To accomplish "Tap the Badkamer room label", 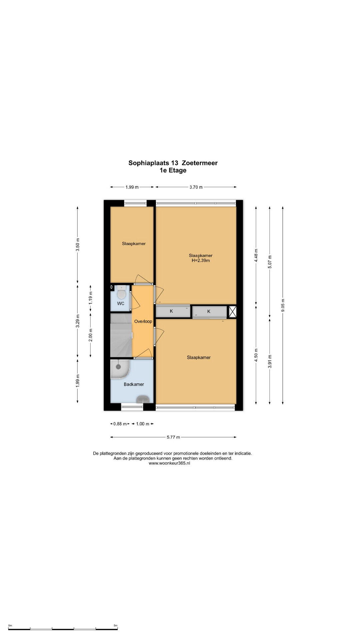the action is [x=134, y=384].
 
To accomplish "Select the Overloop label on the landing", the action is [x=143, y=321].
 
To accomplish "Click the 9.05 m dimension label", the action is [x=283, y=305].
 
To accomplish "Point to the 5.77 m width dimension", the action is [x=173, y=437].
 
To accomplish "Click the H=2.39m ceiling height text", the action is [x=201, y=261].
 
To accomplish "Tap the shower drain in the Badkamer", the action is [x=118, y=367].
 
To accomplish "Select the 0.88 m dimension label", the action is [x=120, y=424].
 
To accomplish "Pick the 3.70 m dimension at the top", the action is [x=196, y=187].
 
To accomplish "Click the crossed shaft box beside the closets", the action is [x=232, y=312].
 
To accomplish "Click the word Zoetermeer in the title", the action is [x=200, y=163].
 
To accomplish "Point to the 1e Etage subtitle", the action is [x=173, y=170].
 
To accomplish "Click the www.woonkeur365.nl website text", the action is [x=169, y=463].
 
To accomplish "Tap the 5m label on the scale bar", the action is [x=115, y=626].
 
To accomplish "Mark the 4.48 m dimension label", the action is [x=256, y=256].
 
